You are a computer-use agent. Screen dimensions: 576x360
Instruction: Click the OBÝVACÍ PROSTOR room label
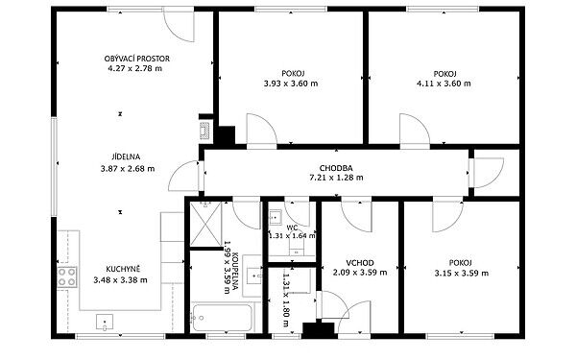point(137,59)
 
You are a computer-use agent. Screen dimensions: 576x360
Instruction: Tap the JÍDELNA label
point(126,156)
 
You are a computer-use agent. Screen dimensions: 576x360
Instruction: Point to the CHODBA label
point(336,168)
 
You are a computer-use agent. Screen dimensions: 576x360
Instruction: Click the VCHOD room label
point(360,263)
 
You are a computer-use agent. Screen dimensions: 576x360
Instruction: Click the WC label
point(293,228)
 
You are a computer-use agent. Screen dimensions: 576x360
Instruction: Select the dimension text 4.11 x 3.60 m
point(444,84)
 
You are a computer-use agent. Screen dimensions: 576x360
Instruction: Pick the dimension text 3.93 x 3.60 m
point(291,84)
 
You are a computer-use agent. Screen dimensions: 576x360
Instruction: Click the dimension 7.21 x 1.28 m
point(336,178)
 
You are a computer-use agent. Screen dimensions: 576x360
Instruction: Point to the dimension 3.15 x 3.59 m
point(462,274)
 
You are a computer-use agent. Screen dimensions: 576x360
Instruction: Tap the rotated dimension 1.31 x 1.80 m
point(286,300)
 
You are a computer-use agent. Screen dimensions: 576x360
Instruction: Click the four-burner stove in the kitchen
point(67,277)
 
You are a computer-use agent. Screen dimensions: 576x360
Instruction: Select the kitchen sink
point(105,322)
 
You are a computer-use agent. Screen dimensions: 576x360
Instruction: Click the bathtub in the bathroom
point(223,318)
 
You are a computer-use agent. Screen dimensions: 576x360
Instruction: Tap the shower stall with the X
point(205,224)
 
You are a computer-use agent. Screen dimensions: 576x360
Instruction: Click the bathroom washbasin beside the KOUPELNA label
point(253,276)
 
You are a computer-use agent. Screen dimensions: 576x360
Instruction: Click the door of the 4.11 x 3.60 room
point(415,131)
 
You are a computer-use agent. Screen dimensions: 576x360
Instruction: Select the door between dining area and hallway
point(184,176)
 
